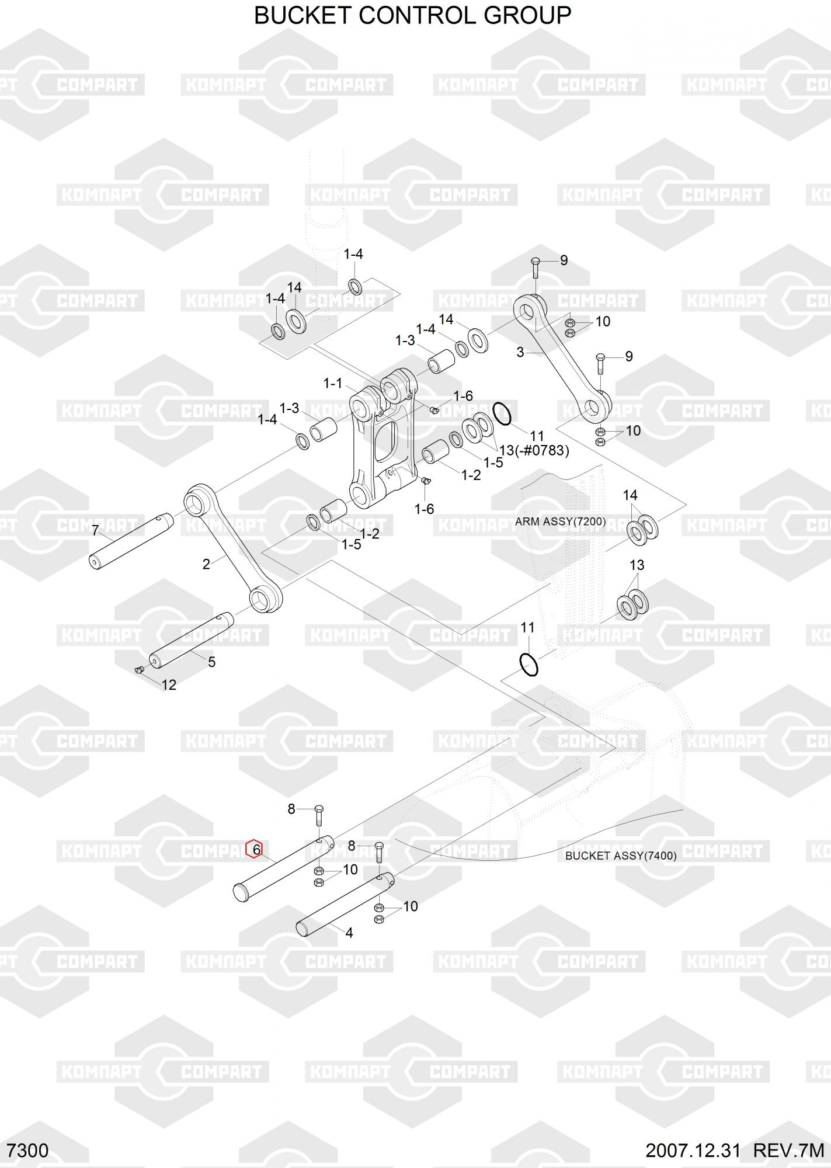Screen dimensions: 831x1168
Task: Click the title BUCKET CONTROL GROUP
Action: [412, 16]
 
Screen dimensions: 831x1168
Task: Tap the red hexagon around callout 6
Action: [254, 849]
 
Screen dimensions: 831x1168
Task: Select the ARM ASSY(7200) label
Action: [560, 522]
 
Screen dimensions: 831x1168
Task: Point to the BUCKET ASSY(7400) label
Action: [621, 856]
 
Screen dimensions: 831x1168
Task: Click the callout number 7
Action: [96, 531]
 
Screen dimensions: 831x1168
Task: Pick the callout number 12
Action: [169, 684]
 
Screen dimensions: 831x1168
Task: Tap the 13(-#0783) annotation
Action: [534, 450]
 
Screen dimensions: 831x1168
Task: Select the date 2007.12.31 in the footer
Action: [693, 1150]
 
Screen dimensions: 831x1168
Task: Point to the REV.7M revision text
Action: [788, 1150]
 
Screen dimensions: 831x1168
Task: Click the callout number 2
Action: [206, 564]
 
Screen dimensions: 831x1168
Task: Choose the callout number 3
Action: [520, 352]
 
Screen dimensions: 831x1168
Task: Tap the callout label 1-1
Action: [333, 383]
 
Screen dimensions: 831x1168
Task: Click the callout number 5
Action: [212, 662]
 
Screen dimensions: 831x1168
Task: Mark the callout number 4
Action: [349, 933]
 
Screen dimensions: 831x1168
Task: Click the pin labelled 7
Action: [131, 540]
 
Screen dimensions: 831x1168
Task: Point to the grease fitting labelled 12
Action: [139, 670]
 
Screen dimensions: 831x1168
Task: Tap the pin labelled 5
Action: [191, 640]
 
